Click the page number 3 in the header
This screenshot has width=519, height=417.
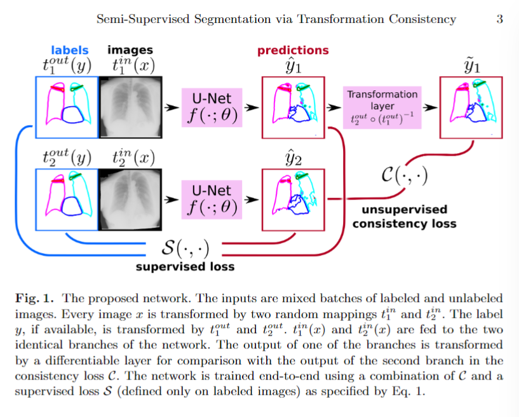(x=499, y=19)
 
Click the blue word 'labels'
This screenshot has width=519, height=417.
(x=70, y=50)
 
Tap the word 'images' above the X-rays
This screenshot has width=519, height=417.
(x=130, y=50)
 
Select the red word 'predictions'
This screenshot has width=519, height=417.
(x=293, y=50)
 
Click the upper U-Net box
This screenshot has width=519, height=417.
(x=212, y=108)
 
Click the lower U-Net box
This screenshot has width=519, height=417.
(x=212, y=198)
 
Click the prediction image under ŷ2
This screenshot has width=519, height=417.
(x=293, y=198)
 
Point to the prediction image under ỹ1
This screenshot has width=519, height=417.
(x=471, y=108)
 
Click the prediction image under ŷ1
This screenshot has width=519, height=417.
(x=293, y=108)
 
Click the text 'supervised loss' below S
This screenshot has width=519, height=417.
(x=185, y=266)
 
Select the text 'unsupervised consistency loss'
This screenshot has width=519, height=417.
(x=404, y=217)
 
